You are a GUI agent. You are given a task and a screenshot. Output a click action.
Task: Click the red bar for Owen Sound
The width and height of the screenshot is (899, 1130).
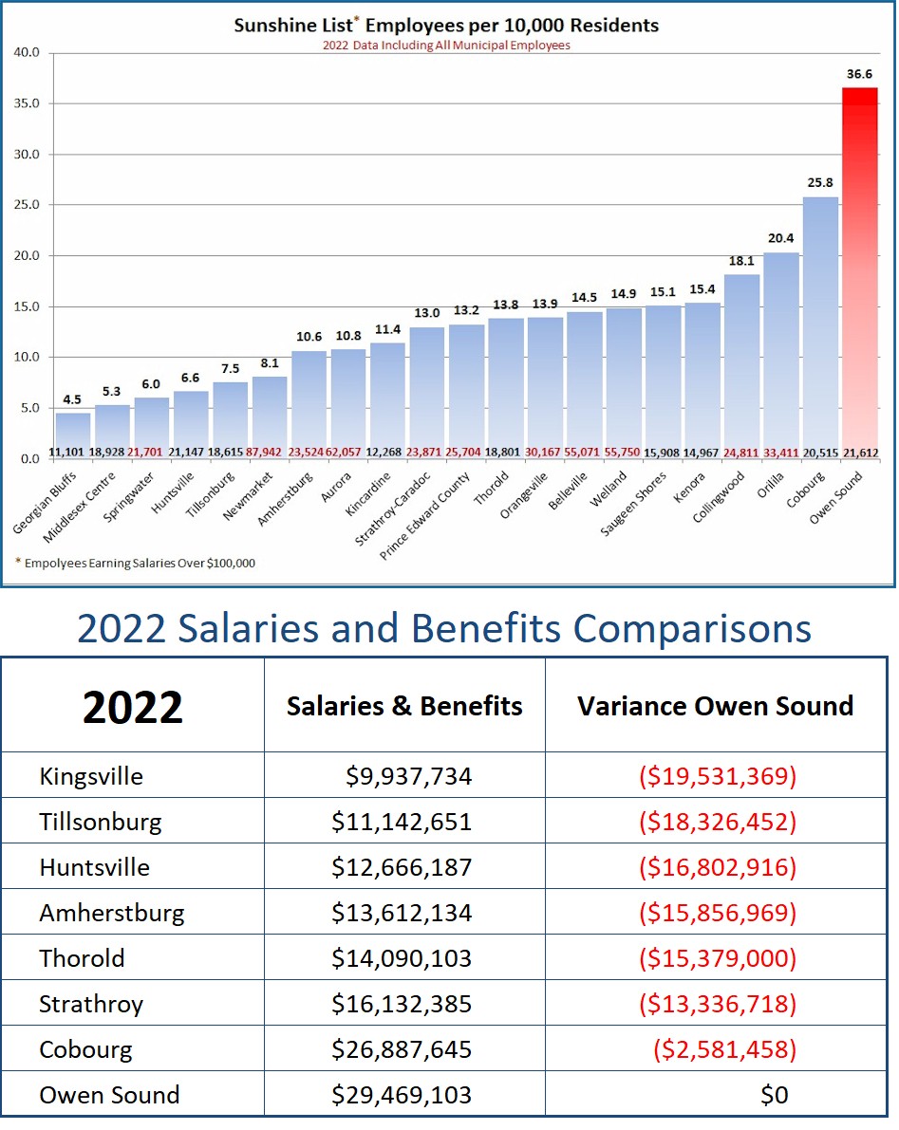pyautogui.click(x=860, y=275)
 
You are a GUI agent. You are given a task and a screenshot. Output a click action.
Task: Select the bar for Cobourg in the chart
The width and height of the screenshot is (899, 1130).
pyautogui.click(x=820, y=327)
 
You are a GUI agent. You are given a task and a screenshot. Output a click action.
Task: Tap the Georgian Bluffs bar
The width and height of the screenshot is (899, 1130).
pyautogui.click(x=73, y=435)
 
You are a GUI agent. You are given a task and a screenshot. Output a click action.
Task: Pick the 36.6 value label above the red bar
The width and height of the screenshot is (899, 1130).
pyautogui.click(x=859, y=73)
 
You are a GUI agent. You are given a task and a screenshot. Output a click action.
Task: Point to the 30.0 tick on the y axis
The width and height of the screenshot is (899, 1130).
pyautogui.click(x=26, y=155)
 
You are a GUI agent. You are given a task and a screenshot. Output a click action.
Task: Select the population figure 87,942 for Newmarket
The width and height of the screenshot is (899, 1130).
pyautogui.click(x=271, y=452)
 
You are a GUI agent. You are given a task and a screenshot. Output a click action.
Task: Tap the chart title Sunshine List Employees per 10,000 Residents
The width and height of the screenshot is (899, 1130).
pyautogui.click(x=446, y=25)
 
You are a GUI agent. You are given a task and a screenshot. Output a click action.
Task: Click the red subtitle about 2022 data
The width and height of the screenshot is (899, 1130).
pyautogui.click(x=446, y=45)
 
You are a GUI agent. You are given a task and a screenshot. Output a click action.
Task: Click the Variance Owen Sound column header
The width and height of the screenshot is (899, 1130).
pyautogui.click(x=715, y=705)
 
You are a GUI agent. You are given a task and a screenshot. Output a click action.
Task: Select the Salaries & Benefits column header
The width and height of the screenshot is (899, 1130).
pyautogui.click(x=404, y=705)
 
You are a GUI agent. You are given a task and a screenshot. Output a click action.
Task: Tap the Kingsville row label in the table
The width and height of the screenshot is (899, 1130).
pyautogui.click(x=91, y=776)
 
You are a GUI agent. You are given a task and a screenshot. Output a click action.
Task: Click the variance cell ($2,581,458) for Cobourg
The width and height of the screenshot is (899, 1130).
pyautogui.click(x=723, y=1049)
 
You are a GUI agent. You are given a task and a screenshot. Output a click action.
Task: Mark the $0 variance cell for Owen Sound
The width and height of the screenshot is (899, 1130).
pyautogui.click(x=774, y=1095)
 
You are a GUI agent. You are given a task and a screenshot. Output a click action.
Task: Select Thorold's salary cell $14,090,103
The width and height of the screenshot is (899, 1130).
pyautogui.click(x=402, y=958)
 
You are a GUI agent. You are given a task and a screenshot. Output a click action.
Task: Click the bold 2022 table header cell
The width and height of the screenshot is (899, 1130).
pyautogui.click(x=133, y=707)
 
